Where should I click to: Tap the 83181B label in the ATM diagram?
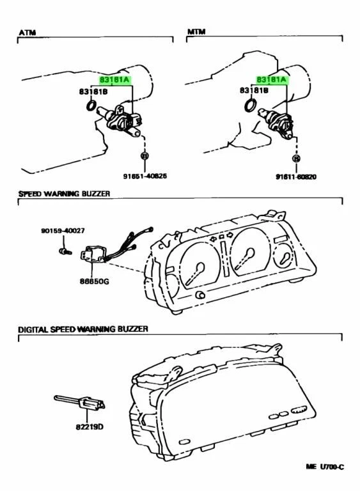[x=93, y=91]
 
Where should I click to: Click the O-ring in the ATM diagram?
[x=91, y=105]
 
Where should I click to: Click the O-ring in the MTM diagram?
[x=251, y=105]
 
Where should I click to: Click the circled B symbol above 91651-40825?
[x=145, y=156]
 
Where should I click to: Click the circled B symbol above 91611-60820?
[x=296, y=157]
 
